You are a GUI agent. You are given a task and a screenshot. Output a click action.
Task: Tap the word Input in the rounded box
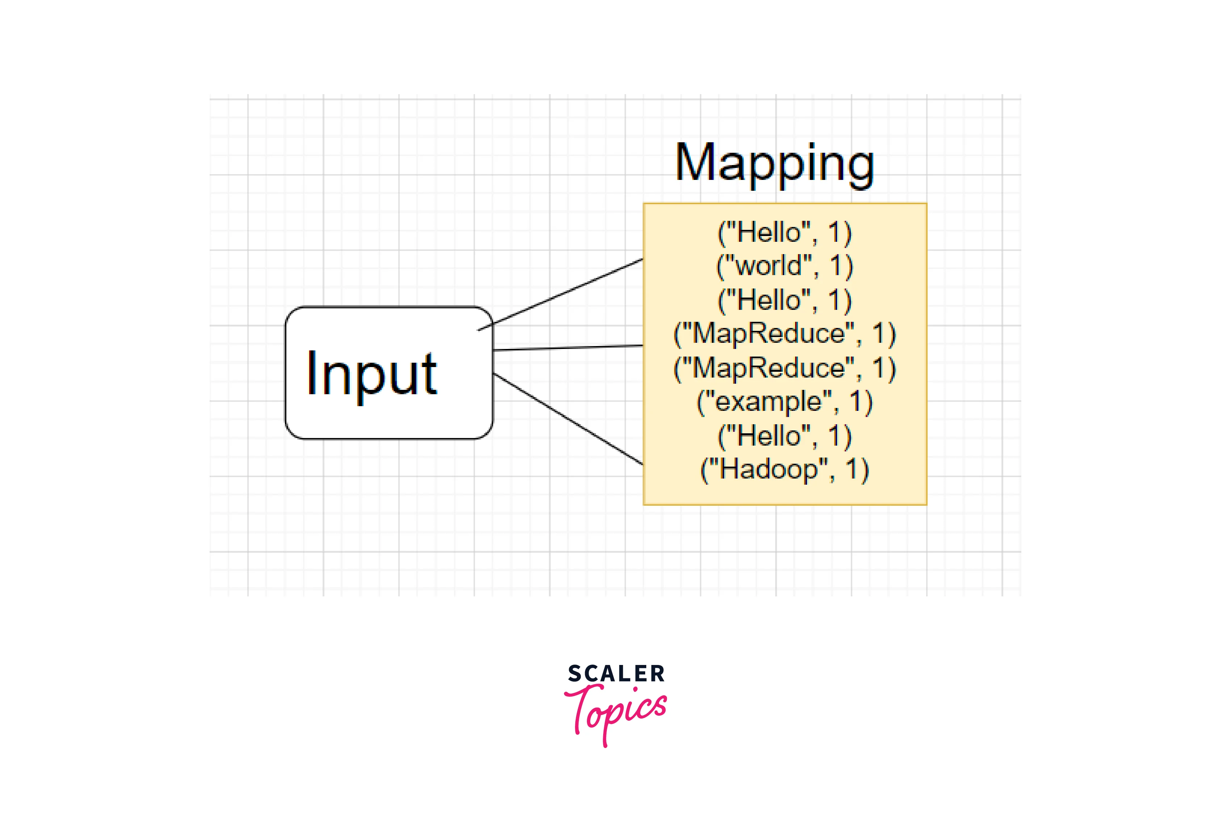(371, 374)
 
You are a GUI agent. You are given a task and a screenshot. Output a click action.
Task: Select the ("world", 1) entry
(784, 266)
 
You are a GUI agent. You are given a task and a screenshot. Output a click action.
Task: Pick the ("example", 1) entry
(784, 402)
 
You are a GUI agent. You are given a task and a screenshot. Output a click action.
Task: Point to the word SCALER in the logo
(616, 674)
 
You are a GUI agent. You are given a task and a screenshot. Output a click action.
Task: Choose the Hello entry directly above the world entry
(784, 232)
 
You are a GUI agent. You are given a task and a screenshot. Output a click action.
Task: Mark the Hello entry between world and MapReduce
(784, 300)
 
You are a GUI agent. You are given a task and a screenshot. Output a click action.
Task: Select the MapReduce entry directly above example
(784, 368)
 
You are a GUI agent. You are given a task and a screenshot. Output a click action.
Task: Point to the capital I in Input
(312, 372)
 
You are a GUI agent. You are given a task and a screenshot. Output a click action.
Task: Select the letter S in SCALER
(574, 674)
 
